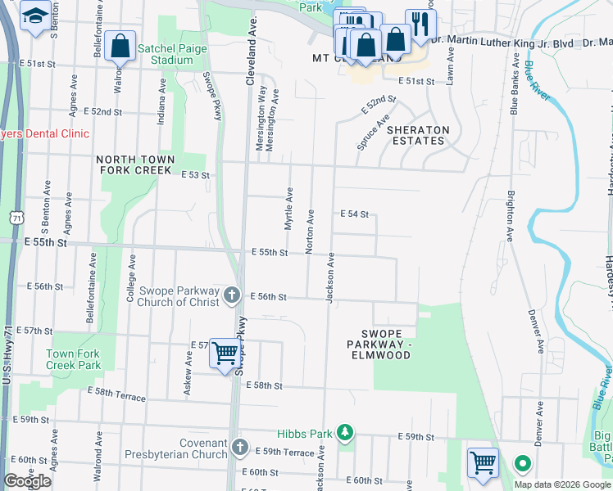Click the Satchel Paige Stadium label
(x=176, y=54)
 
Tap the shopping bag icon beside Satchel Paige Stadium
(x=120, y=47)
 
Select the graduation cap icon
(x=35, y=16)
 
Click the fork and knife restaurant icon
(x=420, y=24)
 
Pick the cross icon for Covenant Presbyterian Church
(x=239, y=447)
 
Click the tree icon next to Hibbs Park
(x=346, y=431)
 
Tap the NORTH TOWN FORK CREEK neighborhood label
(x=135, y=164)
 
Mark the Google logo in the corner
(x=27, y=481)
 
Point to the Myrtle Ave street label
(x=288, y=209)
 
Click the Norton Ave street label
(x=311, y=231)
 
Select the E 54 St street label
(x=355, y=214)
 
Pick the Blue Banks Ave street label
(x=515, y=84)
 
